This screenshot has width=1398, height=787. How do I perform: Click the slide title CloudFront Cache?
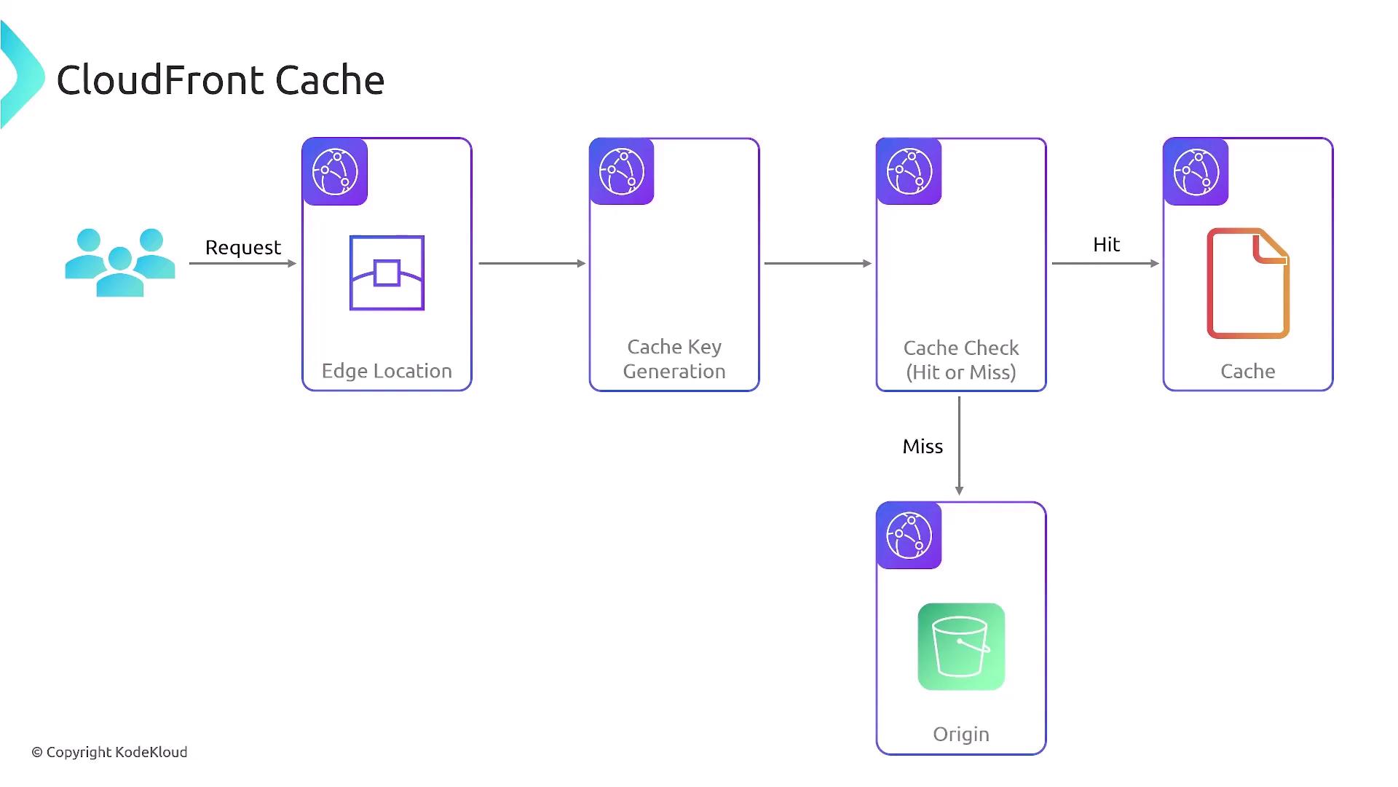tap(220, 80)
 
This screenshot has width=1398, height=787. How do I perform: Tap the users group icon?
tap(120, 262)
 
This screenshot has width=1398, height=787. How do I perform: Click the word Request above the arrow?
tap(242, 248)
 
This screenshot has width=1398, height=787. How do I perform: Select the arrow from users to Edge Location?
tap(242, 263)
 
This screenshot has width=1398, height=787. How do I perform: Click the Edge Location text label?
tap(387, 371)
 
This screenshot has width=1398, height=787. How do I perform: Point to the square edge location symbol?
tap(387, 273)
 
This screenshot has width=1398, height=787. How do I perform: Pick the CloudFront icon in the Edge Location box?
tap(335, 172)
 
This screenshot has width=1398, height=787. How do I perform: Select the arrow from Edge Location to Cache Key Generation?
tap(532, 263)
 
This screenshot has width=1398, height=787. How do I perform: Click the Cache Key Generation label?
tap(674, 359)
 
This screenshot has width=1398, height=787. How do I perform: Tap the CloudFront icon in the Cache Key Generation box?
tap(622, 172)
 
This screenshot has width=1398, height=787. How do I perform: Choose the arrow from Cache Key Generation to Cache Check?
tap(818, 263)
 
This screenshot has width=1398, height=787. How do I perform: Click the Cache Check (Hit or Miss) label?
tap(961, 360)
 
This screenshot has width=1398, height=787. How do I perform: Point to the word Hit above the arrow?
tap(1106, 245)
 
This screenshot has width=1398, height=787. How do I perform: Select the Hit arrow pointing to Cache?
tap(1105, 263)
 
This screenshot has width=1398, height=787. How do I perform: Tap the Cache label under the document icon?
tap(1248, 372)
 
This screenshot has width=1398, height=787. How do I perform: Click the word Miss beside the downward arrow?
tap(923, 447)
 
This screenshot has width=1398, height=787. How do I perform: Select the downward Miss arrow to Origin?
tap(959, 446)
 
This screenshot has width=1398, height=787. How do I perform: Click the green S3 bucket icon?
tap(961, 646)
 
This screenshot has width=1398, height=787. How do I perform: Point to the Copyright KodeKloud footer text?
tap(109, 752)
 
